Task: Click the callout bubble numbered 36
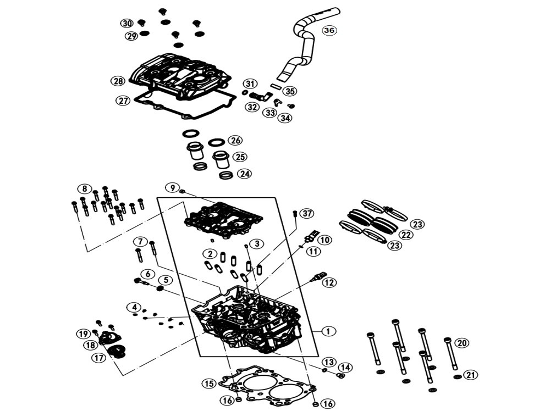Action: pyautogui.click(x=329, y=30)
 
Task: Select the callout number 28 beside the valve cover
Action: pyautogui.click(x=118, y=81)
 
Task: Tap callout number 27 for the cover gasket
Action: pyautogui.click(x=123, y=101)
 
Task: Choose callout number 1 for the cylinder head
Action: pyautogui.click(x=328, y=331)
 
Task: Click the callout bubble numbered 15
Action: pyautogui.click(x=208, y=384)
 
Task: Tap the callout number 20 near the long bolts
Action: pyautogui.click(x=461, y=343)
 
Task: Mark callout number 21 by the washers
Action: pyautogui.click(x=469, y=375)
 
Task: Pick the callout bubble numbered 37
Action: pyautogui.click(x=307, y=213)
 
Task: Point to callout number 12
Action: pyautogui.click(x=329, y=282)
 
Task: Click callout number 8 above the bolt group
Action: pyautogui.click(x=84, y=188)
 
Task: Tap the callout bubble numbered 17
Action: pyautogui.click(x=98, y=358)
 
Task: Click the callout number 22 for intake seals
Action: pyautogui.click(x=405, y=235)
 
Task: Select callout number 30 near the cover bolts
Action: pyautogui.click(x=127, y=23)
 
